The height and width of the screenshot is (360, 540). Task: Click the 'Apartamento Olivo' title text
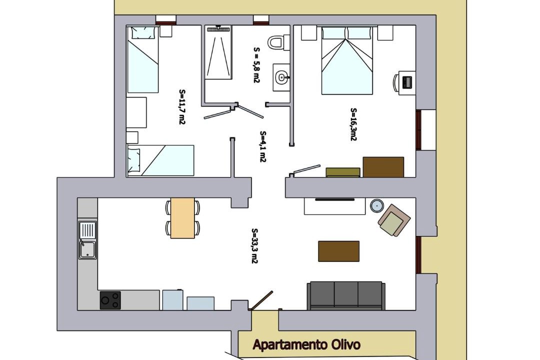coord(306,344)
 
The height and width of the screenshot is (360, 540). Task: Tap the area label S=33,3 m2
coord(254,246)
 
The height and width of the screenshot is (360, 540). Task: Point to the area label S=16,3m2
coord(353,124)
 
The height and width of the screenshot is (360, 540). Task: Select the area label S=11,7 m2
coord(182,107)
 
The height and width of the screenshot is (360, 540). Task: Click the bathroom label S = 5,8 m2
coord(256,65)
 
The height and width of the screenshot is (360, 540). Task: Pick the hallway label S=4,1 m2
coord(263,146)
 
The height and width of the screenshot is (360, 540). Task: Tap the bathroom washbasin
coord(281,77)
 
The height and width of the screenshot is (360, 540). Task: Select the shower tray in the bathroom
coord(218,52)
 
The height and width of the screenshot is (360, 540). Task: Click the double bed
coord(347,60)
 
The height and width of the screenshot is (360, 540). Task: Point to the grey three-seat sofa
coord(346,295)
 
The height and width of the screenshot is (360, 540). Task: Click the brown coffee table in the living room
coord(338,251)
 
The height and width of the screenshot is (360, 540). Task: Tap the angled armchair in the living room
coord(394,220)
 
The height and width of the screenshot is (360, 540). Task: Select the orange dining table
coord(182,217)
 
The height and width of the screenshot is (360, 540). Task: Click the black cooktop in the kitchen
coord(110,300)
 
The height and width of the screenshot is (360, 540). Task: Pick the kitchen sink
coord(87,240)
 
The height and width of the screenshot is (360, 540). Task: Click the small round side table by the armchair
coord(377,206)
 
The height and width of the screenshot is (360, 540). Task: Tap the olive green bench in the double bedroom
coord(343,172)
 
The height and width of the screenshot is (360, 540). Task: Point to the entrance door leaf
coord(261,300)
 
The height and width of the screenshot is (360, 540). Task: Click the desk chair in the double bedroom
coord(396,82)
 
